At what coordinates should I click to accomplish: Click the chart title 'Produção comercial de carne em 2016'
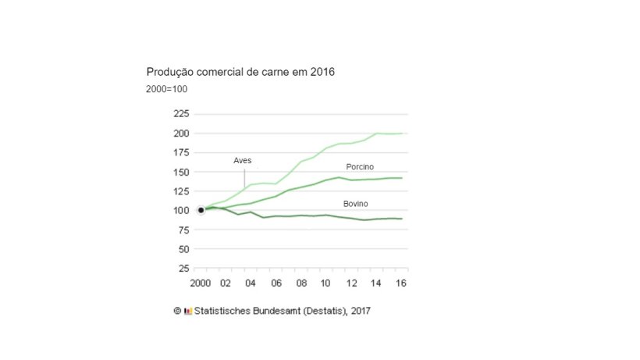pyautogui.click(x=240, y=73)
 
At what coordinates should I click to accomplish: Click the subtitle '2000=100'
pyautogui.click(x=166, y=89)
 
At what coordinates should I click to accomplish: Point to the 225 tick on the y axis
pyautogui.click(x=180, y=114)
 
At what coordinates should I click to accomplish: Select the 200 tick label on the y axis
pyautogui.click(x=180, y=134)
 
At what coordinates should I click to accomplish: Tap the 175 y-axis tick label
pyautogui.click(x=180, y=153)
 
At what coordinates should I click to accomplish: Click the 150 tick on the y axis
pyautogui.click(x=180, y=173)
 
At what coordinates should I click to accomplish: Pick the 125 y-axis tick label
pyautogui.click(x=180, y=191)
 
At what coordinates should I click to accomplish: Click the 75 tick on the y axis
pyautogui.click(x=183, y=230)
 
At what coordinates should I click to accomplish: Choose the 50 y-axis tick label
pyautogui.click(x=183, y=250)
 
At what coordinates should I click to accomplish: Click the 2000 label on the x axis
pyautogui.click(x=201, y=283)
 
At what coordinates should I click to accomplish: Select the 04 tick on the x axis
pyautogui.click(x=251, y=283)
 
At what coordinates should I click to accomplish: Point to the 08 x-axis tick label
pyautogui.click(x=302, y=283)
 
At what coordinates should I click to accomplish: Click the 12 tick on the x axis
pyautogui.click(x=352, y=283)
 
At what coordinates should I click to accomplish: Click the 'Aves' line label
pyautogui.click(x=243, y=161)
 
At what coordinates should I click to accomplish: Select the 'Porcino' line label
pyautogui.click(x=360, y=167)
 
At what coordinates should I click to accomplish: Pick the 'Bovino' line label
pyautogui.click(x=356, y=204)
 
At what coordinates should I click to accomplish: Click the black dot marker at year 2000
pyautogui.click(x=201, y=210)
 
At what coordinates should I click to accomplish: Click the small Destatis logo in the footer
pyautogui.click(x=187, y=311)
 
